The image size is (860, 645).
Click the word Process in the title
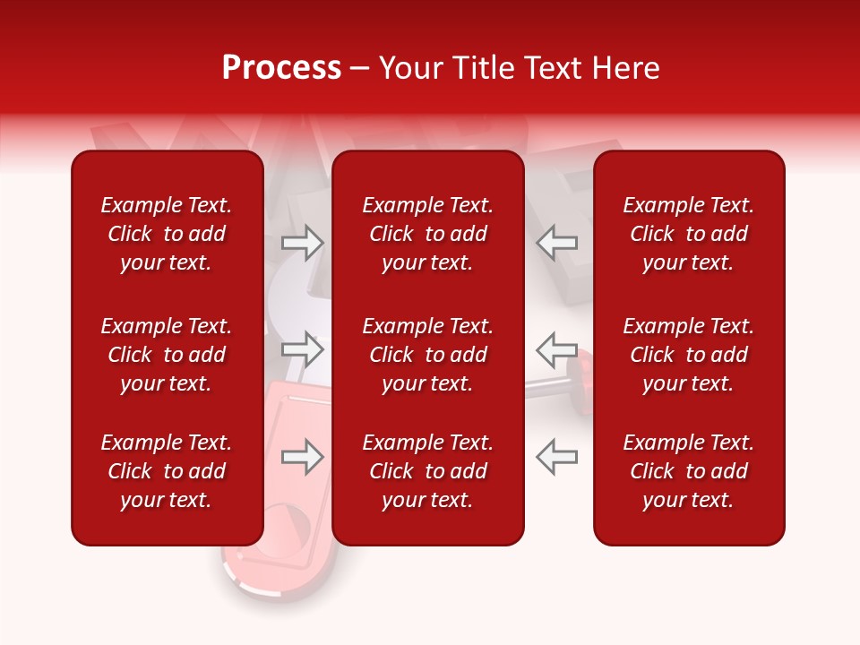[x=281, y=68]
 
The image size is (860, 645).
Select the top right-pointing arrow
[x=303, y=242]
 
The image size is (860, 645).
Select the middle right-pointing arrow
[x=303, y=348]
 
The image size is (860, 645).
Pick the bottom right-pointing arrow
[x=303, y=457]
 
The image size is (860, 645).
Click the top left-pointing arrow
[x=556, y=242]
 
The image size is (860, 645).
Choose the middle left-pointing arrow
[x=556, y=348]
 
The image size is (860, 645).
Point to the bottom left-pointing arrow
[x=556, y=457]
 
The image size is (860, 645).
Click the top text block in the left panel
[x=167, y=234]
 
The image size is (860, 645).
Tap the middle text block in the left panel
[x=167, y=355]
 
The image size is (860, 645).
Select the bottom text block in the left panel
[x=167, y=471]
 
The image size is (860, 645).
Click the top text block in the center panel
[x=427, y=234]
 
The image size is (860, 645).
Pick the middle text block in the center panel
[x=427, y=355]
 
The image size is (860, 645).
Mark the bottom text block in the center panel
[x=427, y=471]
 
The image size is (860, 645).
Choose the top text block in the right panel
[x=689, y=234]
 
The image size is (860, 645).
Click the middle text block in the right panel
[x=689, y=355]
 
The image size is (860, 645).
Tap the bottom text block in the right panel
[x=689, y=471]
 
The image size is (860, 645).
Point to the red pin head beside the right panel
[x=583, y=367]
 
